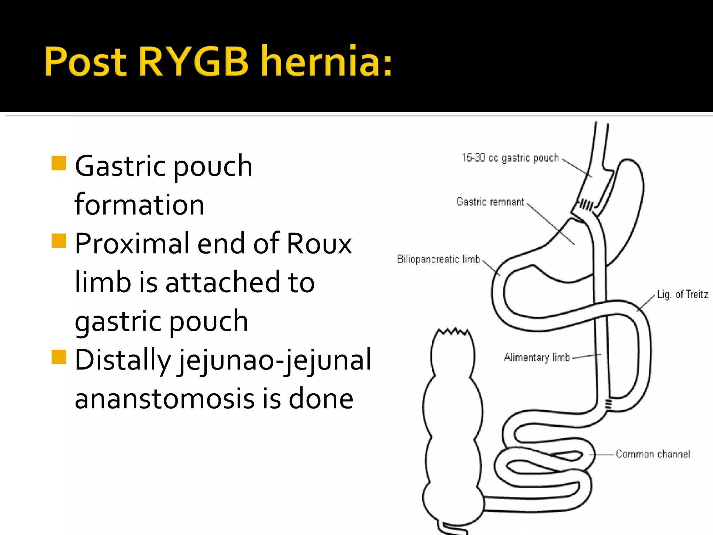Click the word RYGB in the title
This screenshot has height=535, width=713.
(194, 61)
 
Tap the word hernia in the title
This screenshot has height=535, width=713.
(327, 61)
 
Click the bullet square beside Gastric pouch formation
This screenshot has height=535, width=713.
(58, 163)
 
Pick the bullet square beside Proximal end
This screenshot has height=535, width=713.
(58, 240)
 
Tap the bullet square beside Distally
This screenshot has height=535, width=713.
(58, 357)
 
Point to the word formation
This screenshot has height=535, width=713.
(139, 204)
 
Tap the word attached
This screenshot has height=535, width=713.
(222, 282)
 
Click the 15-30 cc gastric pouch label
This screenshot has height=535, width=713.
(510, 158)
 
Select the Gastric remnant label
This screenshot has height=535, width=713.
(490, 202)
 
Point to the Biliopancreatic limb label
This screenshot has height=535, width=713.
(438, 259)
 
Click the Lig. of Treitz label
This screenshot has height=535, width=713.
(682, 295)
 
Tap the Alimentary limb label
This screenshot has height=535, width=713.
(536, 357)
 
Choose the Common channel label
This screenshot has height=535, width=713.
(653, 454)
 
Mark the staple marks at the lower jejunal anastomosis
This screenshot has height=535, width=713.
(608, 404)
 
